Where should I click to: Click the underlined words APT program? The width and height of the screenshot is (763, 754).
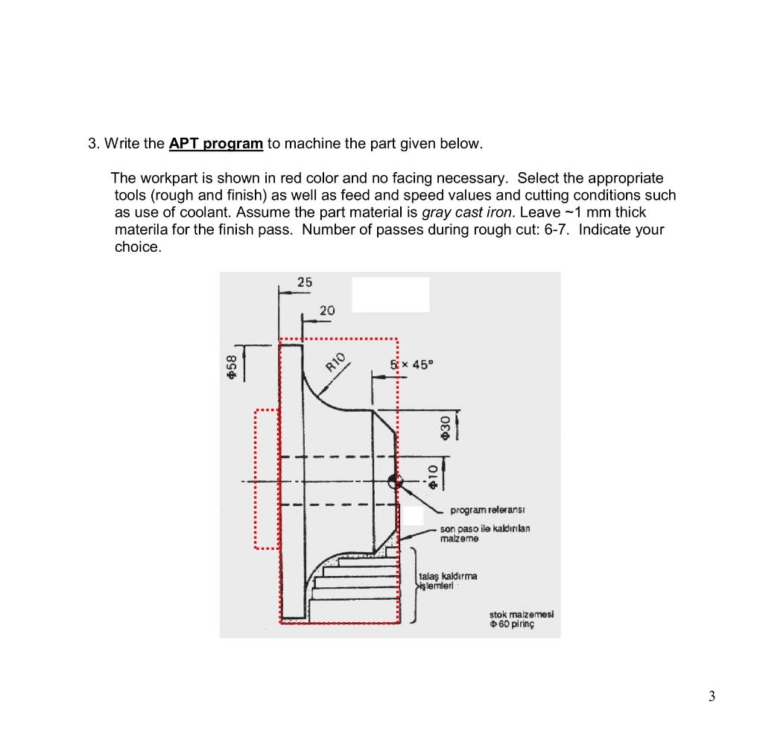click(216, 143)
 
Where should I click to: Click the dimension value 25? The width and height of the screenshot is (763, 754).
click(305, 282)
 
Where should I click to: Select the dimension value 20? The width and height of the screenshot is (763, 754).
click(327, 310)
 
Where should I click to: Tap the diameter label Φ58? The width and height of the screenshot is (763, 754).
click(232, 367)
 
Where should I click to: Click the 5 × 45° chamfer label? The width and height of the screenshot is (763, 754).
click(411, 365)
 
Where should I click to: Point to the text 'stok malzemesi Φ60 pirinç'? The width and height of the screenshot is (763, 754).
click(521, 620)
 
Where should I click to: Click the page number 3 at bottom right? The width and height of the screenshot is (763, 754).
click(712, 697)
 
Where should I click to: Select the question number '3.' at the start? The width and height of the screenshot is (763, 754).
click(94, 143)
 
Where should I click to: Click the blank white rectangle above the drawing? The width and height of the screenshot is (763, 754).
click(390, 294)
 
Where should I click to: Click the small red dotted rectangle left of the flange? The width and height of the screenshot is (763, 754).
click(266, 478)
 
